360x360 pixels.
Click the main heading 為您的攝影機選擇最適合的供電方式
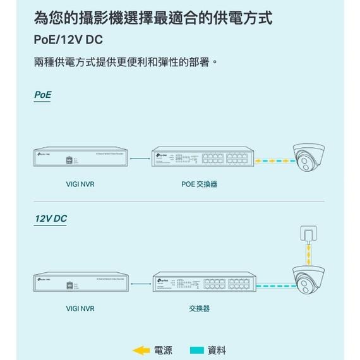pos(153,17)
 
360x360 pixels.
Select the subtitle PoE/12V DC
pos(68,39)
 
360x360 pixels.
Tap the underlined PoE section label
pos(42,95)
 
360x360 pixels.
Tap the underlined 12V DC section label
pos(51,219)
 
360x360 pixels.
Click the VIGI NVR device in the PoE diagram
pos(80,160)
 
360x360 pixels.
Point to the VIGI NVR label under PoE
pos(80,184)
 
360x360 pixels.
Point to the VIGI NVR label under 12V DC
pos(80,309)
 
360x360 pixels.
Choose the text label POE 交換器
pos(199,184)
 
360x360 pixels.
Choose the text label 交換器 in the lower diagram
pos(199,309)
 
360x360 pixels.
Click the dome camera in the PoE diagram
pos(308,158)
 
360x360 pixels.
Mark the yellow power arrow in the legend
pos(141,350)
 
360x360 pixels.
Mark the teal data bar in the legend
pos(197,350)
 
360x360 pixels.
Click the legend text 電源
pos(163,350)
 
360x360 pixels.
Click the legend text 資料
pos(217,350)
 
